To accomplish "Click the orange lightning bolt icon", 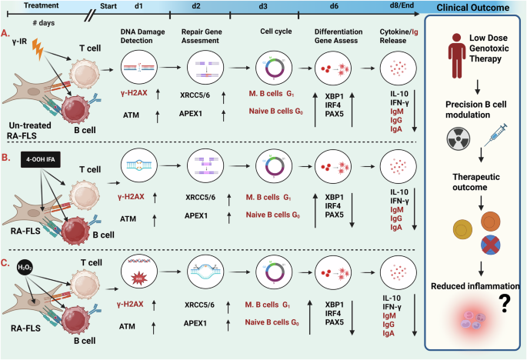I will [x=38, y=51].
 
